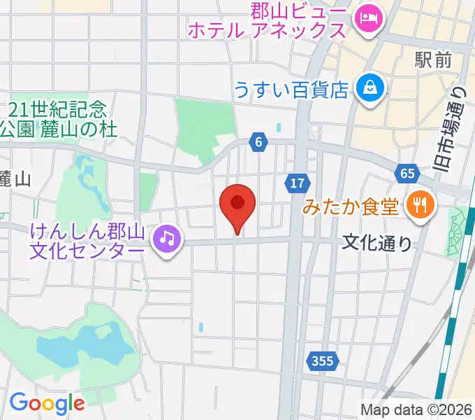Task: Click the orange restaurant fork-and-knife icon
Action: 421,204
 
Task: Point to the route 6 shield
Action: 258,143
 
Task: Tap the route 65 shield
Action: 407,173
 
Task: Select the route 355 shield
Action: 322,361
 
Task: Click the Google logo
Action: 47,403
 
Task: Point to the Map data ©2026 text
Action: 416,409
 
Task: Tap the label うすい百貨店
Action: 291,89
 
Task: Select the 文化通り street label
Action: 377,243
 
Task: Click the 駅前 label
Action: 432,60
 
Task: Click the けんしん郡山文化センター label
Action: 88,239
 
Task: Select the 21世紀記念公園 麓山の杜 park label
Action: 59,119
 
